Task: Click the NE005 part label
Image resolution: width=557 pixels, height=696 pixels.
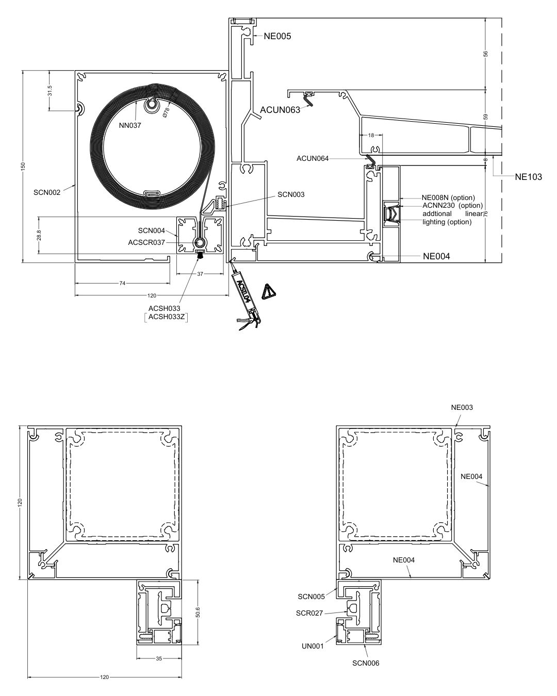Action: point(277,36)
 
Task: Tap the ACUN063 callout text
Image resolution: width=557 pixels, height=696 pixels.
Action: point(280,110)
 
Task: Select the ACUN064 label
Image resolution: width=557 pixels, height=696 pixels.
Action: point(313,158)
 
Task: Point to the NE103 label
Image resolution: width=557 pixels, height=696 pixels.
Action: point(528,177)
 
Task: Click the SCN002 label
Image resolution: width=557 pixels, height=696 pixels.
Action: point(47,192)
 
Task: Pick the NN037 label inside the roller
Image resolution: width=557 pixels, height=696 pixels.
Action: point(130,125)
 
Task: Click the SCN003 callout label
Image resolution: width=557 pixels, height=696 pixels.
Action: point(291,194)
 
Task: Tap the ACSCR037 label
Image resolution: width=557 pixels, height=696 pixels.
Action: point(146,242)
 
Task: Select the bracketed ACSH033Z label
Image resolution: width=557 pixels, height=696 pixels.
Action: point(167,317)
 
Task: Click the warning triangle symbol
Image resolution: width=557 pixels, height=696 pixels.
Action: point(268,291)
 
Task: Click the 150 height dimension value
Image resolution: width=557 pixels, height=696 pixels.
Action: point(23,166)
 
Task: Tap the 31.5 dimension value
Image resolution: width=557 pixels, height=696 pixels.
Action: point(50,91)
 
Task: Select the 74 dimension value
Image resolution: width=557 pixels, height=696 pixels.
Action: point(122,284)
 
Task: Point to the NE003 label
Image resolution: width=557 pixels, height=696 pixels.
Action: point(462,407)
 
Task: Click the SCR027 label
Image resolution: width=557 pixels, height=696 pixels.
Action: point(309,613)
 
